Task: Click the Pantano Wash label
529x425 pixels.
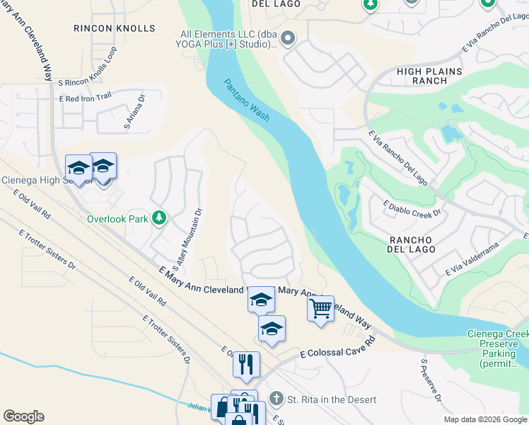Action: [247, 100]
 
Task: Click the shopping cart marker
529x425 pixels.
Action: [321, 309]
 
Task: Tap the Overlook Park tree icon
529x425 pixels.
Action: [159, 218]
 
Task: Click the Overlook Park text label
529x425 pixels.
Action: [117, 219]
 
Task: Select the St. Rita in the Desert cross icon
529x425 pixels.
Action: [276, 399]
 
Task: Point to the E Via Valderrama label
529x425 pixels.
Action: [472, 259]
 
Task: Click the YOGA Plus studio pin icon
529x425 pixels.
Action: [287, 38]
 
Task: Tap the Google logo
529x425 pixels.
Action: [23, 416]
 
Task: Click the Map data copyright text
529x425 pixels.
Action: [485, 419]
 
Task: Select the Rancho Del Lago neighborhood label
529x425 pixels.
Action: [420, 245]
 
